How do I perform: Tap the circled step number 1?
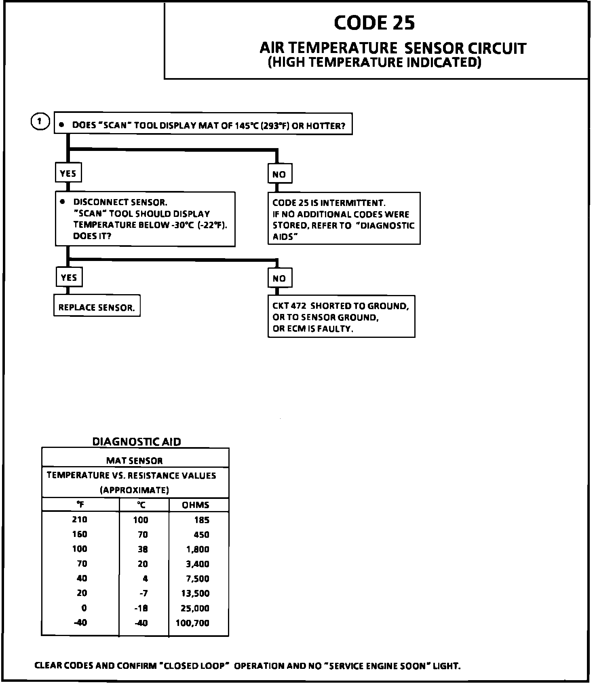(40, 122)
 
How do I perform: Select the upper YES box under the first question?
(68, 174)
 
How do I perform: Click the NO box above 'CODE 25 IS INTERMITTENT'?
(279, 174)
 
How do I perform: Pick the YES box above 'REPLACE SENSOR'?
(69, 278)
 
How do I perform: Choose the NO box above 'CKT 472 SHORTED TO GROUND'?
(279, 278)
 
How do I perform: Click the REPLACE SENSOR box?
(97, 308)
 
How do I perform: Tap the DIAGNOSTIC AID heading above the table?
(137, 442)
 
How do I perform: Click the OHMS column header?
(196, 505)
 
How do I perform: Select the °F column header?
(80, 505)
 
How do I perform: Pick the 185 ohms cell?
(202, 520)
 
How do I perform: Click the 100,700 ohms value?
(192, 623)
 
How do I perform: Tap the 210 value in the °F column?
(80, 520)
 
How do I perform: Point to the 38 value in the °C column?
(143, 549)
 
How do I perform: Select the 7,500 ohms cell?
(198, 579)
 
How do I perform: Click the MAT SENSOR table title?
(135, 460)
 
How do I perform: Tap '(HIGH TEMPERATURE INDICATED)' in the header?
(375, 62)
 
